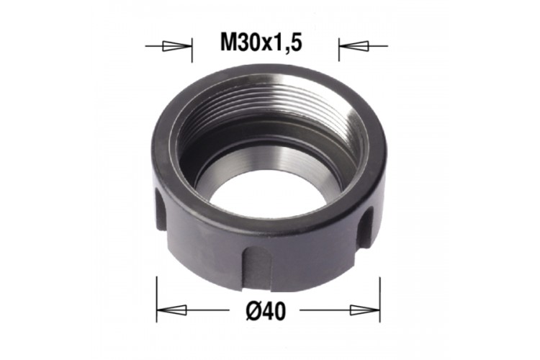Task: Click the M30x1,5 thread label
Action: click(261, 44)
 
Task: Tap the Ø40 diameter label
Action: click(266, 312)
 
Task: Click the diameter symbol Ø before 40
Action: click(253, 312)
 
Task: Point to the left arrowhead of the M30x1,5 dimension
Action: click(176, 46)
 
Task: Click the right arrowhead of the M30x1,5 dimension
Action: click(354, 46)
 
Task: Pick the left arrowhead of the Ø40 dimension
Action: click(172, 310)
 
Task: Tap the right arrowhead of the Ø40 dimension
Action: click(365, 310)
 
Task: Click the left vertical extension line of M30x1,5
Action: click(192, 50)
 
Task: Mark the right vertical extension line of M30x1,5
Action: click(339, 50)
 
